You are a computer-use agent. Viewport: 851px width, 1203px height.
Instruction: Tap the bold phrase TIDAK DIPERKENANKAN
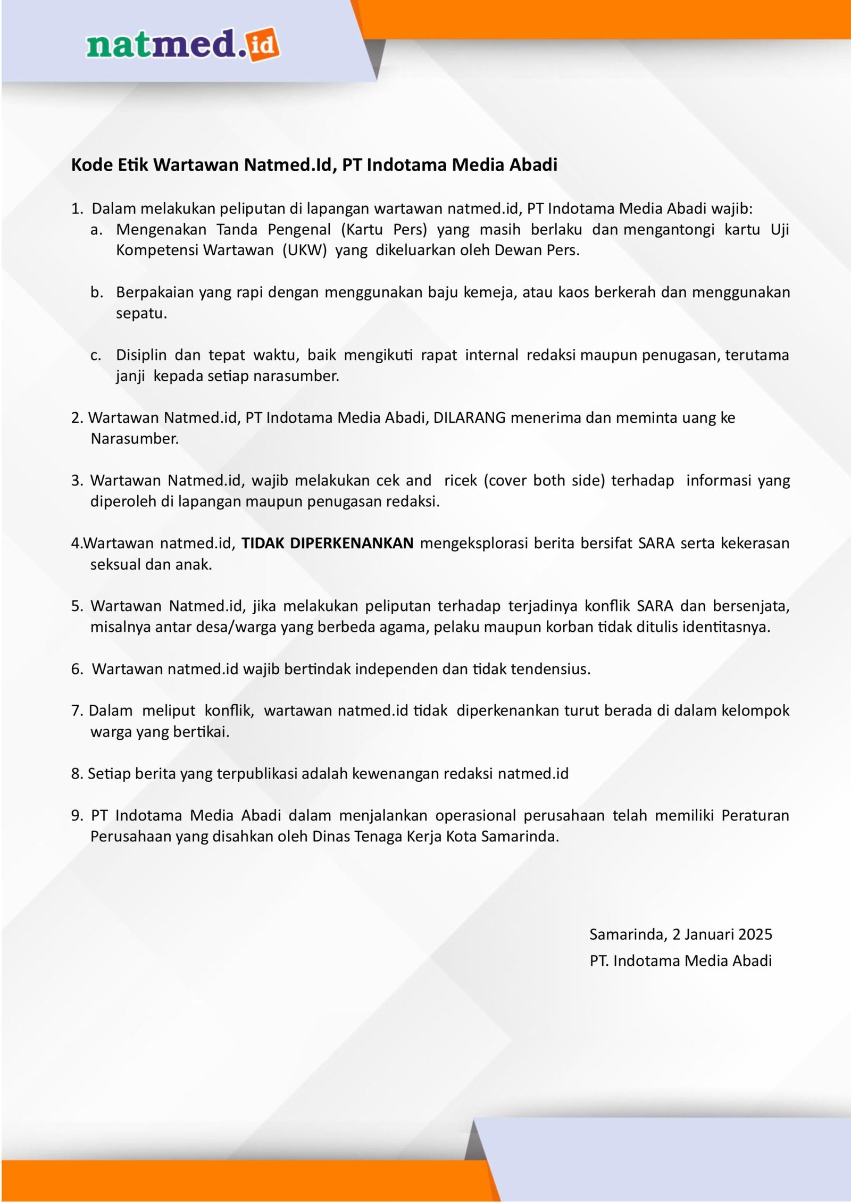(328, 543)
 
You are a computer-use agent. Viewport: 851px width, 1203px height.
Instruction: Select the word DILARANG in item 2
(469, 417)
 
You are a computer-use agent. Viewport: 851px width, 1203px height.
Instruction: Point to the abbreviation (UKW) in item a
(304, 250)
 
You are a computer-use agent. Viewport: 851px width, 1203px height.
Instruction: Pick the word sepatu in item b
(141, 313)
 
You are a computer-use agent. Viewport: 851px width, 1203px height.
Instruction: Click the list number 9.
(77, 816)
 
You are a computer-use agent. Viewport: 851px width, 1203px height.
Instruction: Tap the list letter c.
(95, 355)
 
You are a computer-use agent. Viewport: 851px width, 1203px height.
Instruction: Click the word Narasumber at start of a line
(135, 439)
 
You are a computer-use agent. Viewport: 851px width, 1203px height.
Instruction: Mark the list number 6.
(77, 669)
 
